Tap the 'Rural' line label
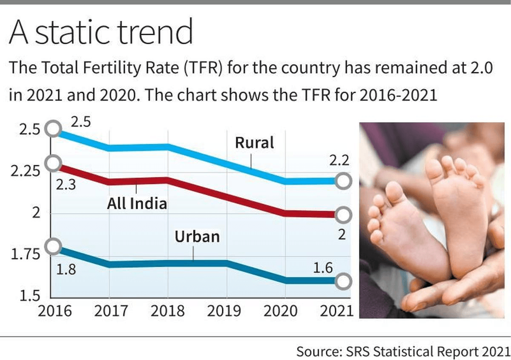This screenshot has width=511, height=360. click(x=255, y=143)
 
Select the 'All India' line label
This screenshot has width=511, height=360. click(x=137, y=203)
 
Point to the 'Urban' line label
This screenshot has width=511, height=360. click(x=198, y=236)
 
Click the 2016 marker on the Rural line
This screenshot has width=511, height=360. click(x=53, y=129)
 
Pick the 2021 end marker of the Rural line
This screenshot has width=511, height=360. click(x=343, y=181)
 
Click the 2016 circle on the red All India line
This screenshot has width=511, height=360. click(x=53, y=163)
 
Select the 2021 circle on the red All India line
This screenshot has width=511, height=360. click(x=343, y=215)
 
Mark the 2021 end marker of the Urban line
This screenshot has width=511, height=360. click(x=343, y=281)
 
